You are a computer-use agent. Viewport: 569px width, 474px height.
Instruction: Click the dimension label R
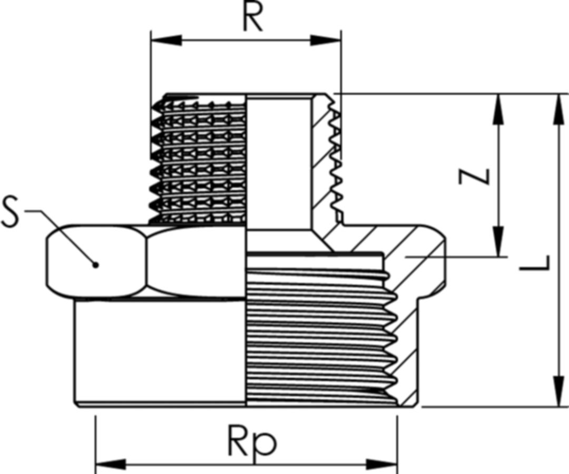coord(252,18)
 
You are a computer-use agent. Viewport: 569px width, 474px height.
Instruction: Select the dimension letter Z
coord(474,176)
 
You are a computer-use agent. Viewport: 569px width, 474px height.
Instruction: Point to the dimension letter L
coord(534,262)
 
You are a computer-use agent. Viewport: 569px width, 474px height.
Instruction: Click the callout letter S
coord(12,211)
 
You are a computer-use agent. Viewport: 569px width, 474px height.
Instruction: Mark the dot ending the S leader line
coord(95,264)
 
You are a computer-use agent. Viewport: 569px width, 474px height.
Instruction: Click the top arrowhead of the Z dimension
coord(497,108)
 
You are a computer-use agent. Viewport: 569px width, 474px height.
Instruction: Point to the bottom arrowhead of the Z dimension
coord(497,242)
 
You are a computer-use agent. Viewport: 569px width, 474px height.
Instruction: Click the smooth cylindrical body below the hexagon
coord(158,350)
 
